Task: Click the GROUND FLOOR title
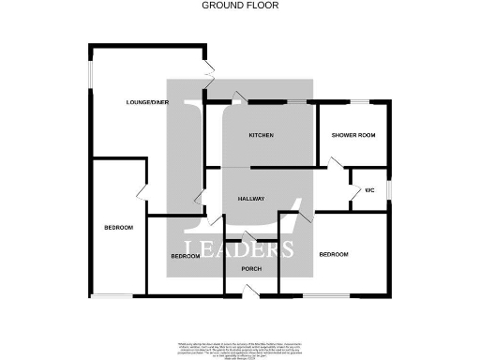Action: (x=240, y=6)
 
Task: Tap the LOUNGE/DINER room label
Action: (x=148, y=101)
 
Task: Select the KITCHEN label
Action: (x=261, y=136)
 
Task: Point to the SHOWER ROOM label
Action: (x=353, y=136)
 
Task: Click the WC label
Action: (x=369, y=190)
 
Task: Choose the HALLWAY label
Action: (x=250, y=200)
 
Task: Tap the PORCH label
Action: (x=251, y=270)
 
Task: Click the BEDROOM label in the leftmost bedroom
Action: (x=118, y=228)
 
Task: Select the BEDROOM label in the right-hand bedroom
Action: (x=334, y=254)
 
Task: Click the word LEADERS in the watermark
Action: (x=239, y=250)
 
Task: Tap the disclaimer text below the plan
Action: (x=240, y=348)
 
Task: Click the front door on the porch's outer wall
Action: (x=248, y=294)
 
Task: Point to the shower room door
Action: (x=334, y=164)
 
